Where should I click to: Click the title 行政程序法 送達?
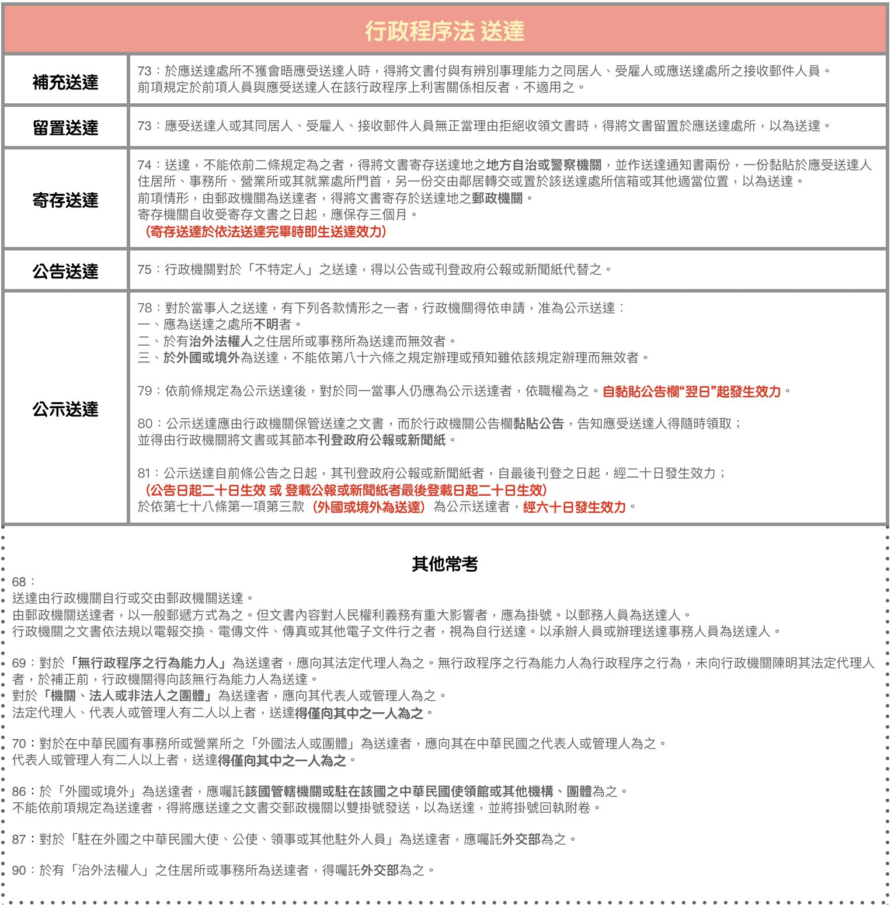(x=445, y=31)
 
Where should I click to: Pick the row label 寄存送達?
(x=65, y=200)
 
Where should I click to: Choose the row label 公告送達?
(x=65, y=271)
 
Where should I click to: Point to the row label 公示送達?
(x=65, y=409)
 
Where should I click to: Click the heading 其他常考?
(x=445, y=564)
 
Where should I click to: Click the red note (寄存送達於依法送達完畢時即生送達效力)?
(x=265, y=232)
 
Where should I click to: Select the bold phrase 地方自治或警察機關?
(x=544, y=165)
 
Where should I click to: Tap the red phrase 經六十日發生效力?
(x=575, y=507)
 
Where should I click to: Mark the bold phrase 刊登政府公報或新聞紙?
(x=382, y=440)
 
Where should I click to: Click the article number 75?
(x=144, y=270)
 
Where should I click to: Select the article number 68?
(x=19, y=582)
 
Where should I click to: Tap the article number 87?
(x=19, y=840)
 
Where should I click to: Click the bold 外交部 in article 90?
(x=380, y=871)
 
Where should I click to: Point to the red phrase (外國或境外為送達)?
(x=369, y=507)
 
